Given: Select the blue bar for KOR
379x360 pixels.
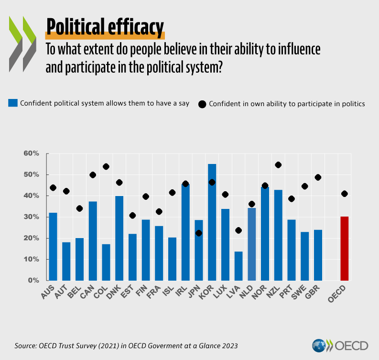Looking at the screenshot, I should (212, 222).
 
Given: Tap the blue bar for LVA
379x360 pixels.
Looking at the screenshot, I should (238, 266).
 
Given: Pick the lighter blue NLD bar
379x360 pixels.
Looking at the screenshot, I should (252, 244).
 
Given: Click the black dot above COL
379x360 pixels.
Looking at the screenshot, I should (106, 166).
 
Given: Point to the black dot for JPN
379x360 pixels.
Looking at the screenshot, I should (199, 233).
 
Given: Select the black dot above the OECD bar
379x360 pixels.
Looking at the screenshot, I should (345, 194).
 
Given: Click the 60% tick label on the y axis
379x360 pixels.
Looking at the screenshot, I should (31, 153).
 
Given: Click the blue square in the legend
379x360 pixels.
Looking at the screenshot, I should (13, 103).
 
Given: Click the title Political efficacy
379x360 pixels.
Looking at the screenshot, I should (105, 27).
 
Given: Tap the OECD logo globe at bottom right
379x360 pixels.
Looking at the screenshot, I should (319, 346).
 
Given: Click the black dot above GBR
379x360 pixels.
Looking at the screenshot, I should (318, 177).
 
